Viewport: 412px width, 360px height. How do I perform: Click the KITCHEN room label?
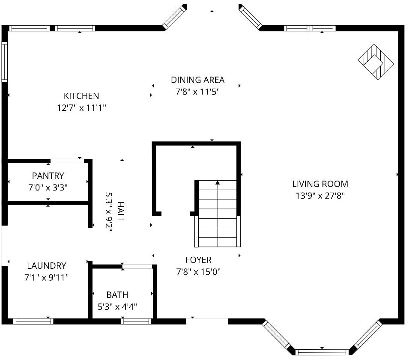81,96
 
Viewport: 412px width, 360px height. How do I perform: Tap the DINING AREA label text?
197,80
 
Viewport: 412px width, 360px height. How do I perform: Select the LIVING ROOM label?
320,184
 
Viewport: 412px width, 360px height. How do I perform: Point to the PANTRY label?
48,176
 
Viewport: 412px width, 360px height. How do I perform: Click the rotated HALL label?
120,212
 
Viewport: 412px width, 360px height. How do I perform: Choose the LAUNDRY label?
47,265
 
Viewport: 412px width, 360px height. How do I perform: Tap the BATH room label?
117,295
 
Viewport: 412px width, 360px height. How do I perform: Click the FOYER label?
198,260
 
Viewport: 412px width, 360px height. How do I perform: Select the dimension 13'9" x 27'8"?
320,196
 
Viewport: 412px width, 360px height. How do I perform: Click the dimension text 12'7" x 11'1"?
81,108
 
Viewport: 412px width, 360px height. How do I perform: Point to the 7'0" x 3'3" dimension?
48,187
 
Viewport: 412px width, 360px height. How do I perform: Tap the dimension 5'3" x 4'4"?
117,306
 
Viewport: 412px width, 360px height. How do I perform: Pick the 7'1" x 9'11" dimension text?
47,277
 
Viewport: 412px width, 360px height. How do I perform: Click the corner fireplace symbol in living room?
376,62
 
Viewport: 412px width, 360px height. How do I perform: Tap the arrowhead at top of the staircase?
218,182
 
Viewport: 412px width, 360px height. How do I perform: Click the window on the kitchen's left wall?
4,62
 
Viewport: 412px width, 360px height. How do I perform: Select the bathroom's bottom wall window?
136,321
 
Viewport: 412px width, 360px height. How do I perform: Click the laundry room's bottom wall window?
33,321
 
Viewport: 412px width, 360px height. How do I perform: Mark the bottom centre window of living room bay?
322,352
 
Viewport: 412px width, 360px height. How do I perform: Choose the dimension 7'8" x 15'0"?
198,272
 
